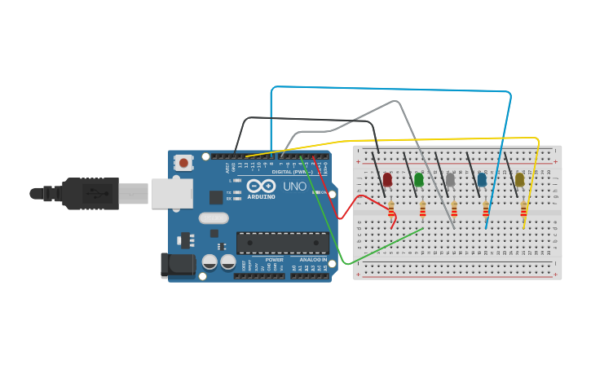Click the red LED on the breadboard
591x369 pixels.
tap(387, 179)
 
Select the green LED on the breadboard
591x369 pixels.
tap(419, 179)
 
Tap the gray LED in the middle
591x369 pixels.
tap(451, 179)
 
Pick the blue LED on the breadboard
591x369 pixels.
tap(482, 179)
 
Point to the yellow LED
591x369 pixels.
tap(520, 179)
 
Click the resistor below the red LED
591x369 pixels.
tap(391, 210)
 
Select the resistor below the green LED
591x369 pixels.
tap(422, 210)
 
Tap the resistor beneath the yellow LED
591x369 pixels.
tap(523, 210)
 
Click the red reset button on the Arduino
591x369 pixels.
tap(183, 163)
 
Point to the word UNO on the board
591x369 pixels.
tap(294, 187)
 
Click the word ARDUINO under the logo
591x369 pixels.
tap(261, 196)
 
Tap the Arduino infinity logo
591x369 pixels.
tap(261, 187)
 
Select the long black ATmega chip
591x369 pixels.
tap(282, 242)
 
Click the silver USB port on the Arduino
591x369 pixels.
tap(172, 194)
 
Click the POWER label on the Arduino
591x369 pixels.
tap(274, 260)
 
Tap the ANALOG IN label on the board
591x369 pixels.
tap(313, 260)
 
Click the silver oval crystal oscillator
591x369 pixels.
tap(214, 218)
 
